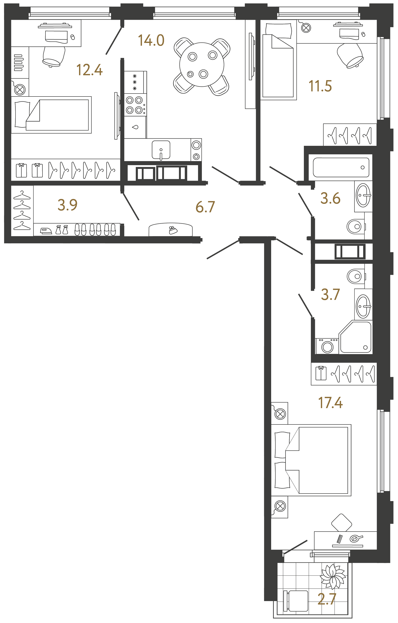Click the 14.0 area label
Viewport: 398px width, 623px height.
(x=151, y=40)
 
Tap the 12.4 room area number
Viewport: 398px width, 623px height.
(x=89, y=70)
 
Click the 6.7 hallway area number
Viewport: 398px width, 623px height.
(x=205, y=207)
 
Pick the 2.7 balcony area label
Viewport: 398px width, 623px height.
(x=327, y=599)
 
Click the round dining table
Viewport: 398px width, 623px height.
(x=202, y=65)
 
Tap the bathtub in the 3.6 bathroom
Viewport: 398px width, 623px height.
(x=341, y=167)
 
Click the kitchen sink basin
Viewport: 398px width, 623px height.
(x=161, y=150)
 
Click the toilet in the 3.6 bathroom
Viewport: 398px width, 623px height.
(x=355, y=226)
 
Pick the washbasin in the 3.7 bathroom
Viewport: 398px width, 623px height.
(x=363, y=306)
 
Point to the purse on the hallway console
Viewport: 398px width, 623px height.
(x=173, y=230)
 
